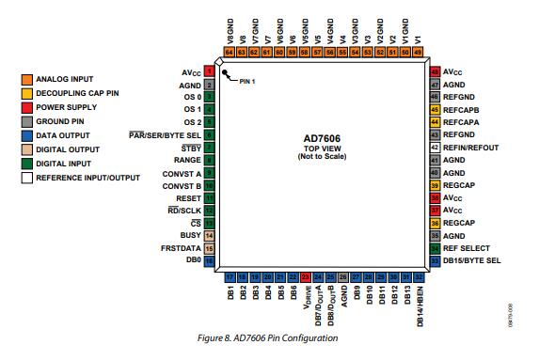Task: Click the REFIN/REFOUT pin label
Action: click(472, 149)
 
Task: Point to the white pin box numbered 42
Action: click(435, 149)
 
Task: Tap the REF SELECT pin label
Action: click(467, 247)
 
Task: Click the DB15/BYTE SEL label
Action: click(473, 260)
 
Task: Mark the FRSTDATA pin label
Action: click(179, 247)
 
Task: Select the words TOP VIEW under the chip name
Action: click(322, 149)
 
